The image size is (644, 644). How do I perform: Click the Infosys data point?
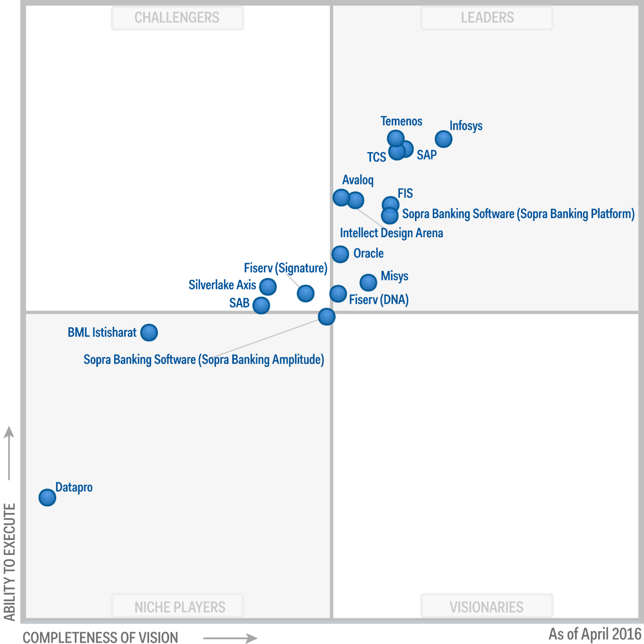pos(443,139)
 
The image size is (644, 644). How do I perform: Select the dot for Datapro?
pos(47,497)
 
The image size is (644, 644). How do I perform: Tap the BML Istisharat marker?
pos(149,332)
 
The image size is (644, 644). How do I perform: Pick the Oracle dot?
pos(340,254)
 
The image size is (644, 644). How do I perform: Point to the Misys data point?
pos(368,282)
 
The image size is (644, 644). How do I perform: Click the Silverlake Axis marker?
pos(268,287)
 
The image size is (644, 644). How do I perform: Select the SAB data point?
pos(261,305)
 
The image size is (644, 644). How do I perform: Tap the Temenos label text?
pos(401,121)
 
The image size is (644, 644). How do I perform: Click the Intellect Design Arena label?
pos(392,233)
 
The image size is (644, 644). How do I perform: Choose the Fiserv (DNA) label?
pos(379,300)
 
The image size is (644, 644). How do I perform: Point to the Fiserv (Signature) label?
pos(285,268)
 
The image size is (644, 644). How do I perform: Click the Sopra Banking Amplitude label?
pos(204,360)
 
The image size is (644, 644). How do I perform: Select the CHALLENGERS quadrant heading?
pos(177,18)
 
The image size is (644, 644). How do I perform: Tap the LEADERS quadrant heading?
pos(487,18)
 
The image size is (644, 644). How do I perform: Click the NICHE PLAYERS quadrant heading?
pos(180,607)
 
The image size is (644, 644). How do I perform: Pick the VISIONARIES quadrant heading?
pos(486,607)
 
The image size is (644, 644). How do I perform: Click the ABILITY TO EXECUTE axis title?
pos(10,562)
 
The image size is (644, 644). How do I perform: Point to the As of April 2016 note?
pos(595,634)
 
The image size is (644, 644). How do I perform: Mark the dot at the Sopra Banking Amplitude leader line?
pos(326,317)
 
